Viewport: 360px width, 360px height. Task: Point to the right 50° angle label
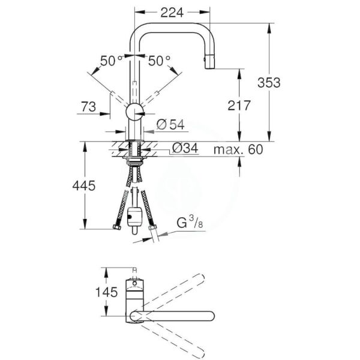159,61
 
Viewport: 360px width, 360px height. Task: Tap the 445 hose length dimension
84,187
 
